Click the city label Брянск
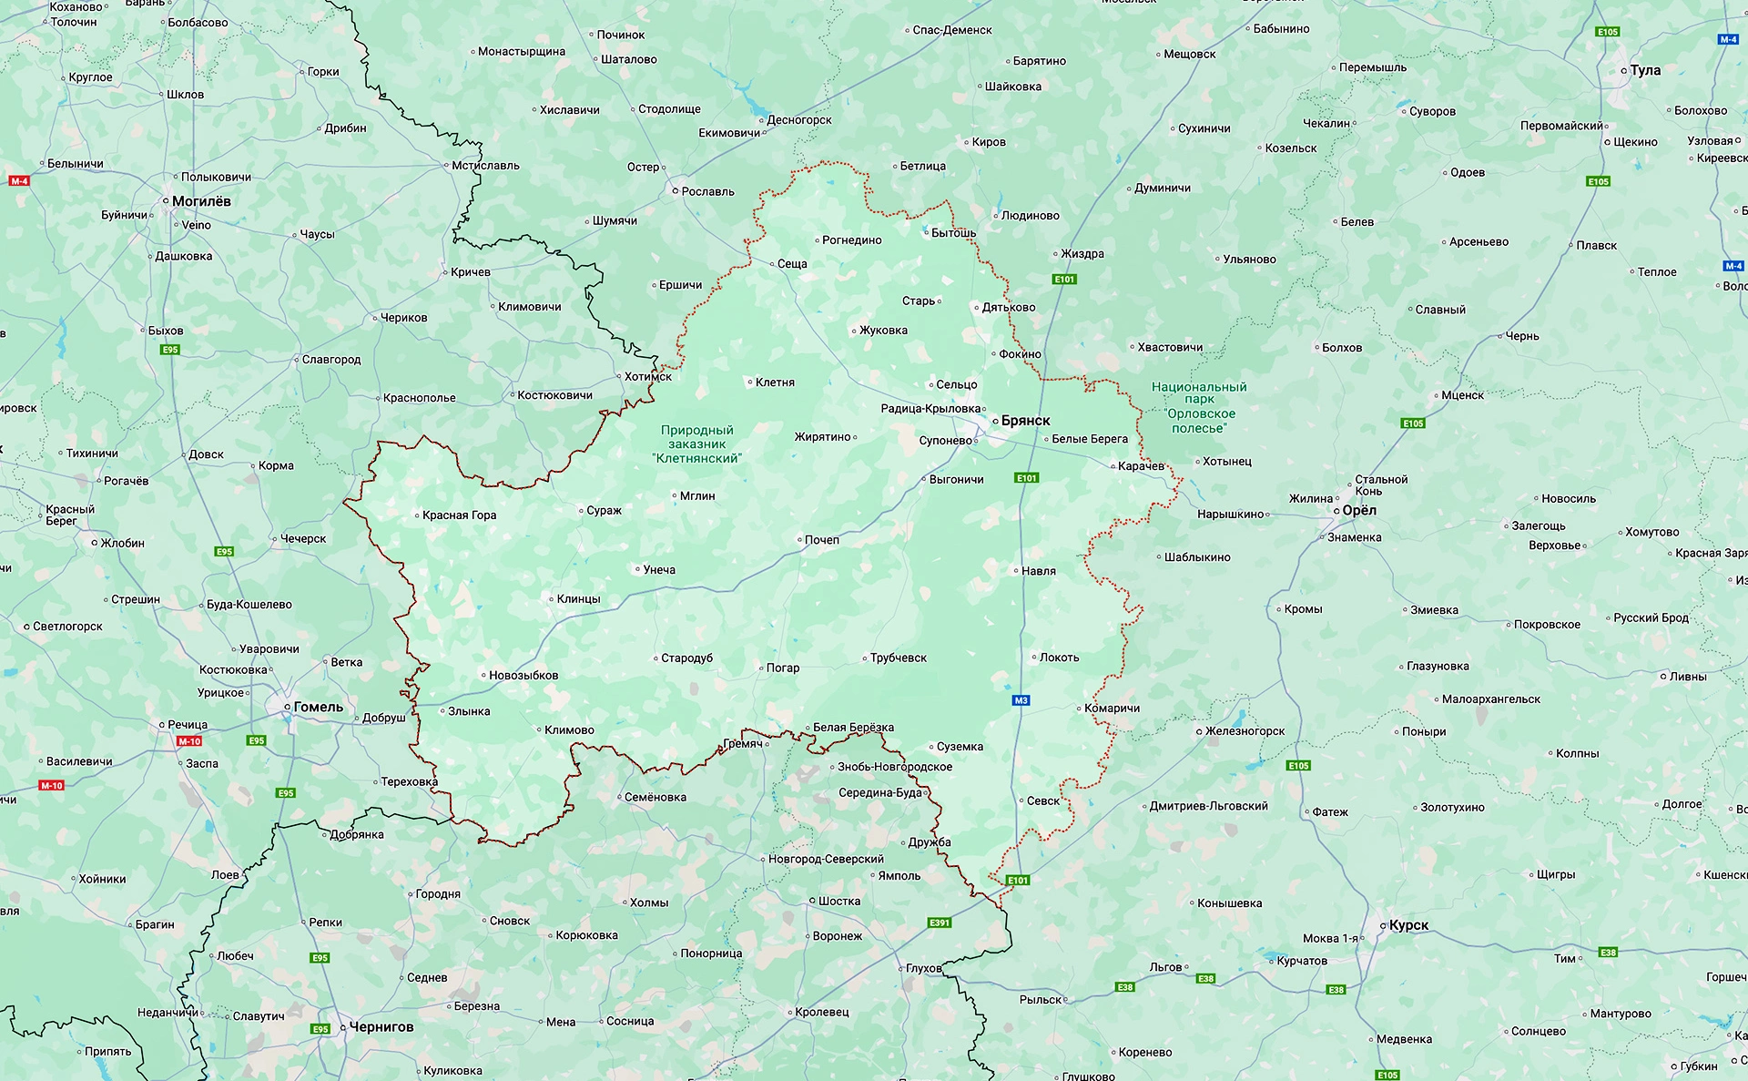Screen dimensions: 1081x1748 pos(1025,421)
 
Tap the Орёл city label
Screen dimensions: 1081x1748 pos(1358,511)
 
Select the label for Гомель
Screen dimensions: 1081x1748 pos(318,707)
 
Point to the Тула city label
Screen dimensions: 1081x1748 pos(1645,70)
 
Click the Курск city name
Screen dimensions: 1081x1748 pos(1408,925)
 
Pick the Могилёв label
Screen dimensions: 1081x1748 pos(201,201)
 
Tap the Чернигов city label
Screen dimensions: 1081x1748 pos(381,1027)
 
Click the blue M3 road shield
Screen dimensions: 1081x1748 pos(1021,700)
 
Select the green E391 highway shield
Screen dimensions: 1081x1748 pos(940,923)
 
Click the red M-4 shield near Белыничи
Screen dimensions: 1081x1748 pos(19,181)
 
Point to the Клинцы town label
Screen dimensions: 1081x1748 pos(578,599)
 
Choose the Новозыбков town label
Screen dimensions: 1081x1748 pos(523,676)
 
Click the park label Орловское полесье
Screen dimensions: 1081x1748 pos(1199,407)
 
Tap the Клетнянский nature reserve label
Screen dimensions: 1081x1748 pos(696,444)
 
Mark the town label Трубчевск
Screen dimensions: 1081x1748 pos(898,658)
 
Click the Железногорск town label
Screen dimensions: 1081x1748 pos(1245,731)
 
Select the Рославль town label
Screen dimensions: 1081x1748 pos(707,191)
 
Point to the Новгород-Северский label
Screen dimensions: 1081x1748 pos(826,859)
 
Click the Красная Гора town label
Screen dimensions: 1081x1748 pos(459,515)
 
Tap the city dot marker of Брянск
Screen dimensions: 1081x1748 pos(995,422)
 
